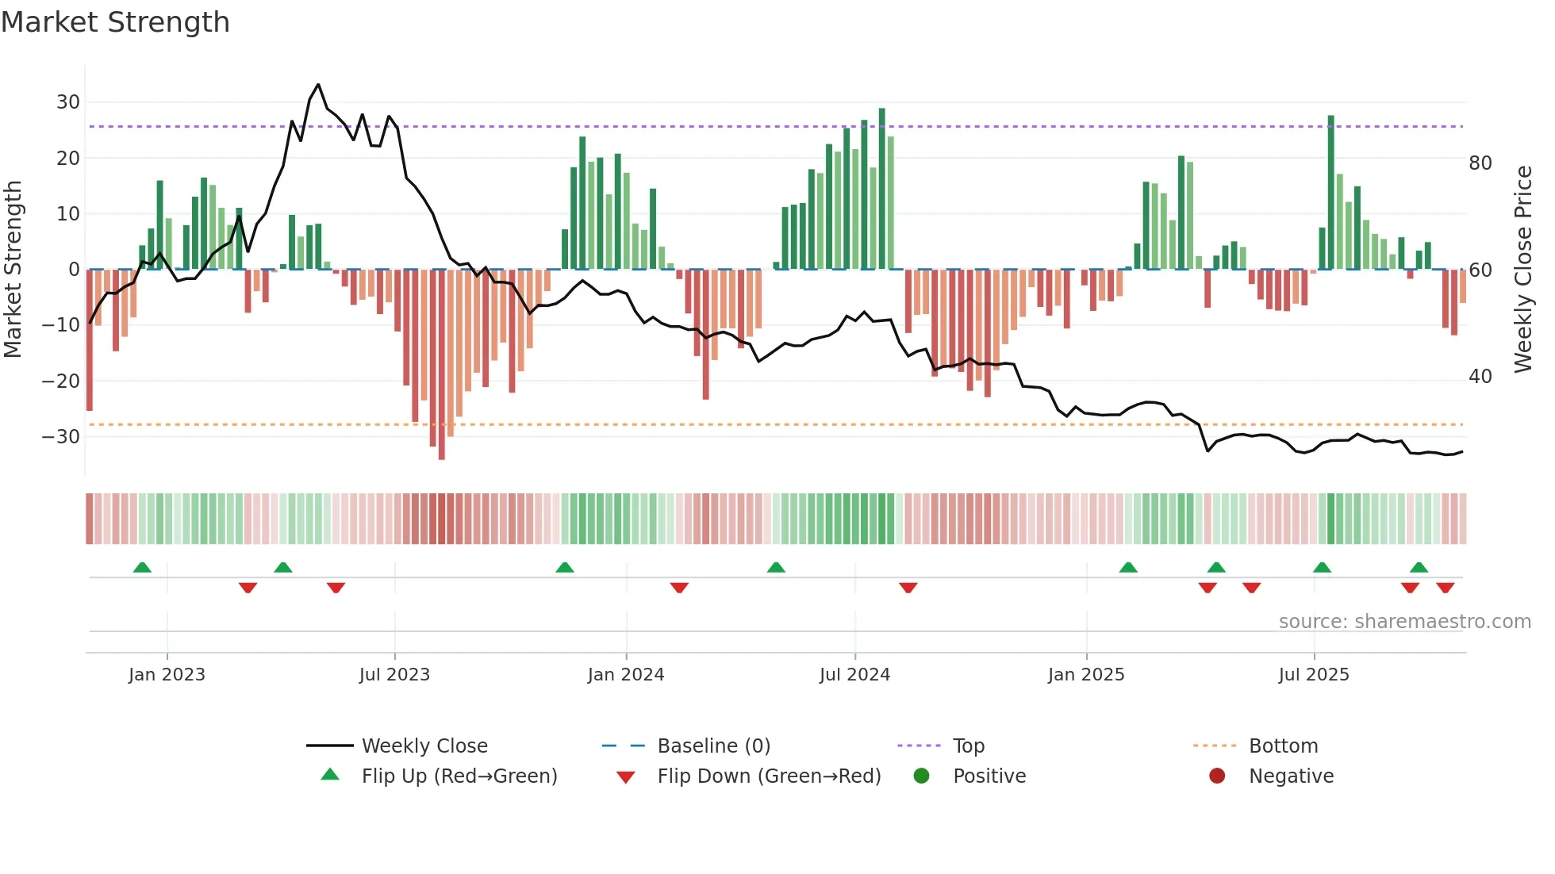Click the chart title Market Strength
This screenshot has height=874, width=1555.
point(115,22)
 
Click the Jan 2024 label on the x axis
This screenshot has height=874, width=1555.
point(625,675)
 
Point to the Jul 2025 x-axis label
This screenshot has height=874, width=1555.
point(1313,675)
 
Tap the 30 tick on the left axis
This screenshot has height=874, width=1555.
point(68,102)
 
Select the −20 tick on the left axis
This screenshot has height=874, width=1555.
point(61,381)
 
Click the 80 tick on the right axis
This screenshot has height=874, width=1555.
point(1480,163)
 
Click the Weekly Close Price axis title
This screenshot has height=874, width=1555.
point(1522,270)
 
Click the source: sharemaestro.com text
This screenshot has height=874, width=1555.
point(1404,622)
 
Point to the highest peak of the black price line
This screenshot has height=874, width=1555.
point(318,85)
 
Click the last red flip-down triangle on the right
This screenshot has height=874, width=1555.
point(1445,588)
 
